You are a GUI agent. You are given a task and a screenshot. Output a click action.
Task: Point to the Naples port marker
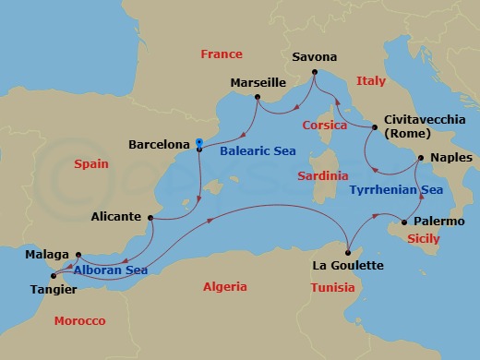click(x=419, y=158)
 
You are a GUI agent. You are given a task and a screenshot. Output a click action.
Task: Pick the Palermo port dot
click(x=403, y=222)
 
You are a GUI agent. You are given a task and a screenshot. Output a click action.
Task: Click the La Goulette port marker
click(x=348, y=251)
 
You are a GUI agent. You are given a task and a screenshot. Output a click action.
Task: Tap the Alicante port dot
click(x=150, y=218)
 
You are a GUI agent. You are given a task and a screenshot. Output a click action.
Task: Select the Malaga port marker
click(x=78, y=255)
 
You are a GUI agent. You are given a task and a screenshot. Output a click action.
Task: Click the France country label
click(x=222, y=54)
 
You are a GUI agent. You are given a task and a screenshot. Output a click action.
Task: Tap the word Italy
click(x=371, y=81)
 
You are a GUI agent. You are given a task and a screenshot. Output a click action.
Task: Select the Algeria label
click(x=224, y=287)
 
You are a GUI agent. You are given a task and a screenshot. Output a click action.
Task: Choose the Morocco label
click(x=79, y=320)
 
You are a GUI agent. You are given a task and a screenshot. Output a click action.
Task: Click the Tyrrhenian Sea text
click(x=396, y=189)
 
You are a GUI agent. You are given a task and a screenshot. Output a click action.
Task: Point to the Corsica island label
click(x=324, y=125)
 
